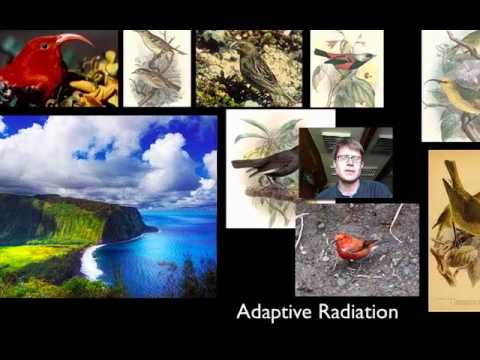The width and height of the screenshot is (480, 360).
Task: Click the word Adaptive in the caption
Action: coord(268,313)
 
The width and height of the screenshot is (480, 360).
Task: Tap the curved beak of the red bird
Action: coord(76,40)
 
